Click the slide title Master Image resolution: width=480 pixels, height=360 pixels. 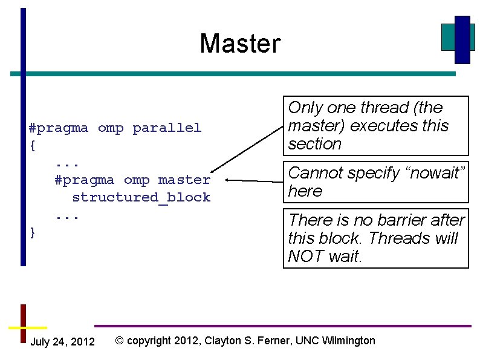(240, 44)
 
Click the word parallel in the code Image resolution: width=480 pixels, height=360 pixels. (167, 128)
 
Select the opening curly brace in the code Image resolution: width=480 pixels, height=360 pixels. (32, 145)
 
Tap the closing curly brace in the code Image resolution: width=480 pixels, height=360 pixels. (32, 232)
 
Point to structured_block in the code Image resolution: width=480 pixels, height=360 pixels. (141, 197)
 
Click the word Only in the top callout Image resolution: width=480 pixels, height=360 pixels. (305, 108)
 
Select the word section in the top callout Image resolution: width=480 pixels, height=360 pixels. (315, 144)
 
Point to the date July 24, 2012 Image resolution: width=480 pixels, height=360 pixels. (62, 342)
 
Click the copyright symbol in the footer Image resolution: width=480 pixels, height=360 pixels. (119, 341)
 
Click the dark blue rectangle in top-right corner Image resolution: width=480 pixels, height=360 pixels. (462, 39)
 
